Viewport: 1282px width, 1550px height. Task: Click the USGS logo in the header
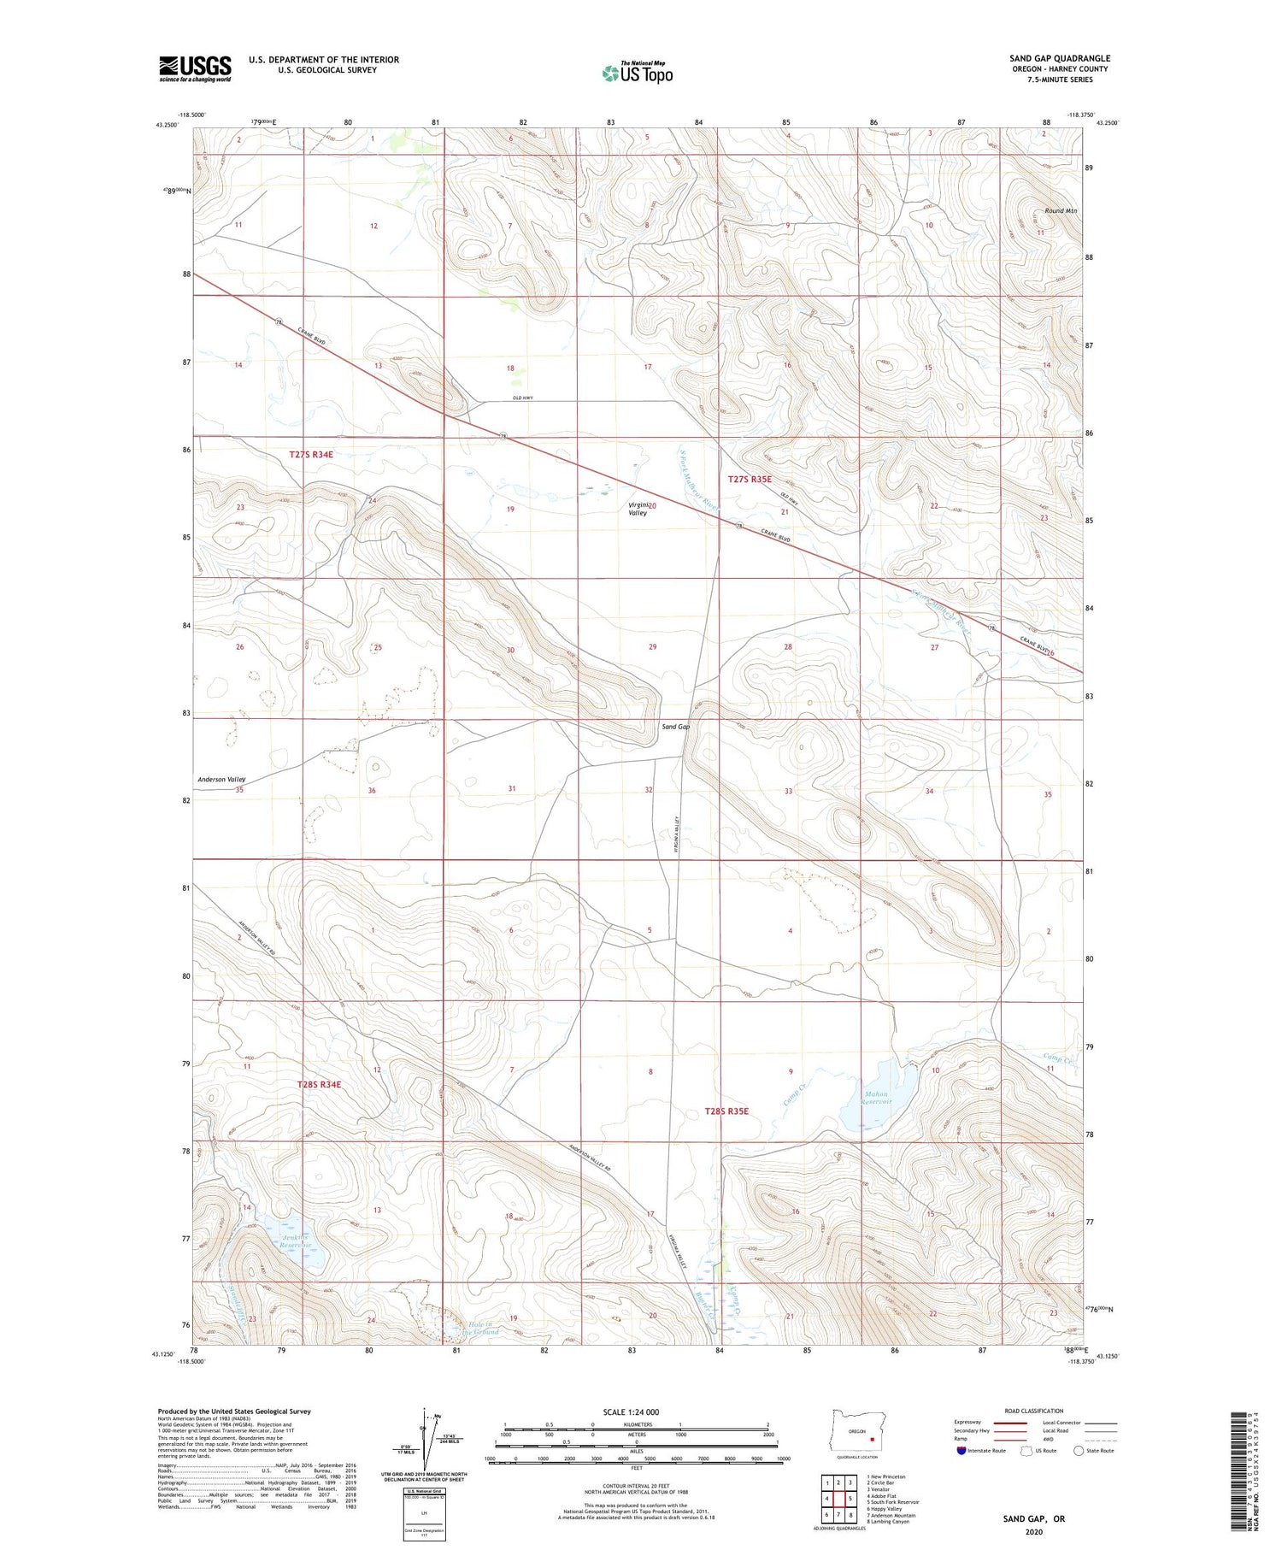click(x=195, y=68)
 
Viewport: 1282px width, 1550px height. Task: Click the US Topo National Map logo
click(x=638, y=73)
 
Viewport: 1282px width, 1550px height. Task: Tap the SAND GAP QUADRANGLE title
click(x=1059, y=58)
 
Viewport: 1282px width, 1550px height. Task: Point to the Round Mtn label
click(x=1060, y=210)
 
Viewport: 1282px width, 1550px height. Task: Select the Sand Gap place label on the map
click(x=675, y=727)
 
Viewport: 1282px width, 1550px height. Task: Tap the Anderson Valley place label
click(x=221, y=780)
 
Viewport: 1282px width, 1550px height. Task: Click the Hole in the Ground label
click(x=479, y=1328)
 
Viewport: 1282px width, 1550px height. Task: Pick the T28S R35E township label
click(x=726, y=1111)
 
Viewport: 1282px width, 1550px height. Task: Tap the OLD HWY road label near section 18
click(x=522, y=398)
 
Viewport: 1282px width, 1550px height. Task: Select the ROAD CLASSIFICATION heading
click(x=1034, y=1411)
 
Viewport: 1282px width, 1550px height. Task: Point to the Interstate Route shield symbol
click(x=961, y=1451)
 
